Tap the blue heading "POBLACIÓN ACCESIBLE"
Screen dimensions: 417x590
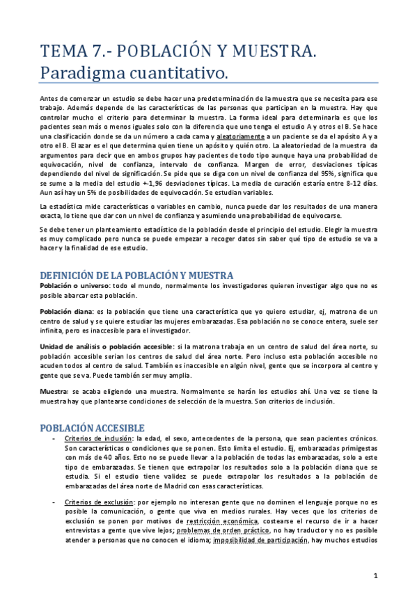(x=92, y=426)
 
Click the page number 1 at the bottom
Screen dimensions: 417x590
(x=375, y=576)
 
